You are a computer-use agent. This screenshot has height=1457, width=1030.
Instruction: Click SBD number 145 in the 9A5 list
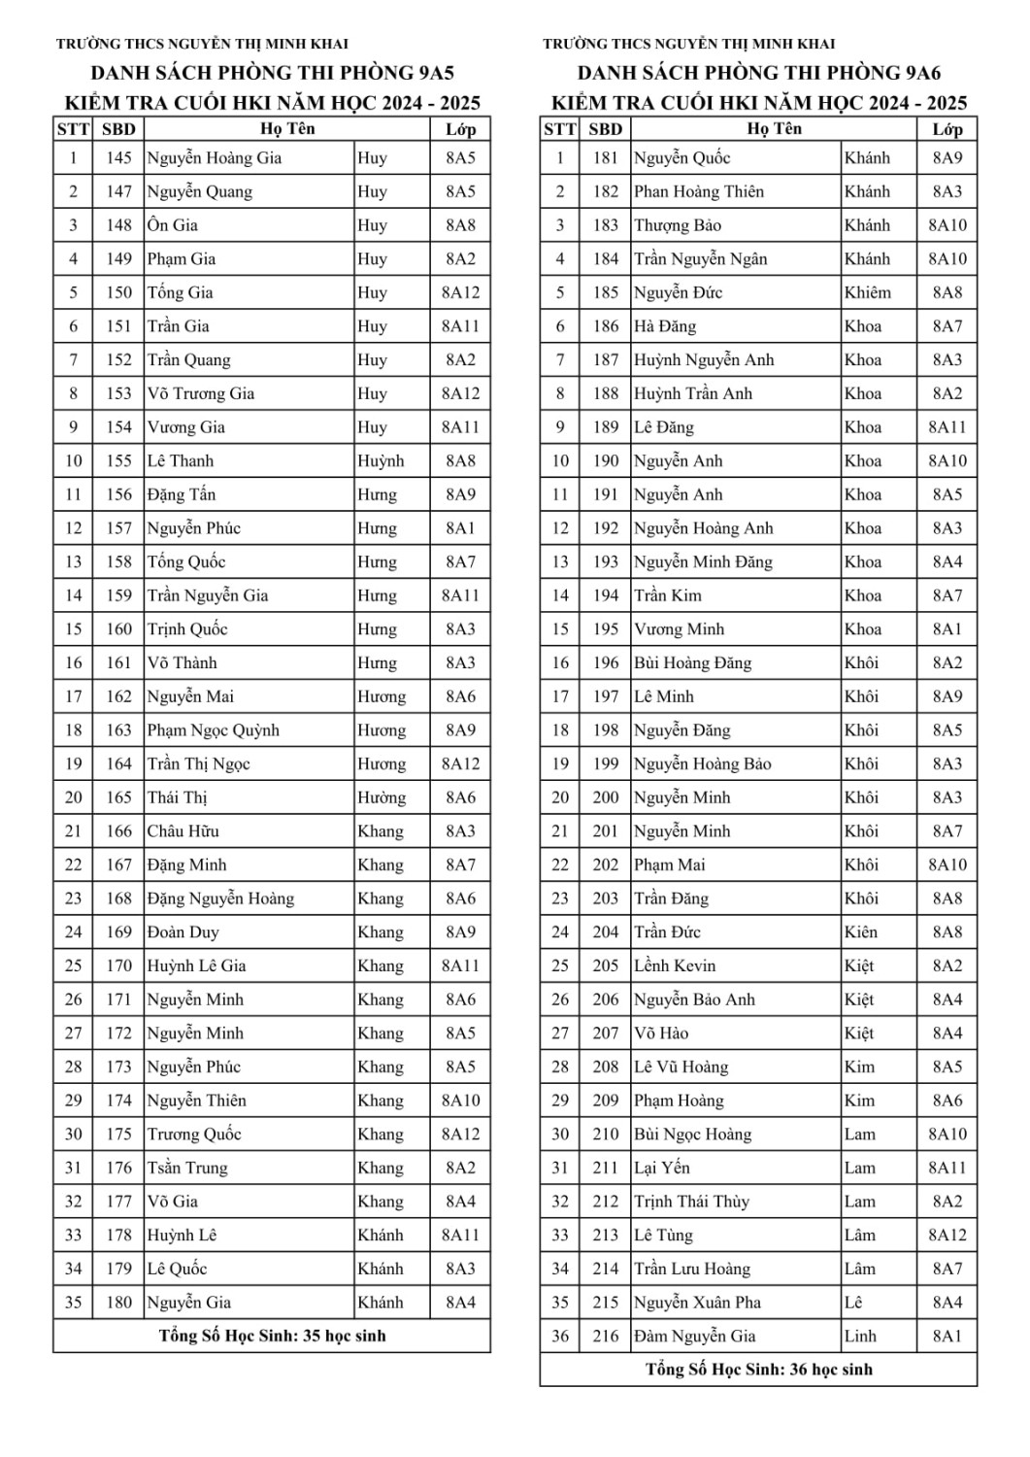click(x=118, y=158)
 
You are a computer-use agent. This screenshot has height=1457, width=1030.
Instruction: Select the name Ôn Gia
click(x=173, y=225)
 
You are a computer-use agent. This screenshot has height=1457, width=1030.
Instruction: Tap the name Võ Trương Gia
click(x=201, y=393)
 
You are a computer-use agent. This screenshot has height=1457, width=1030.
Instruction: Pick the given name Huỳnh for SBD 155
click(x=381, y=461)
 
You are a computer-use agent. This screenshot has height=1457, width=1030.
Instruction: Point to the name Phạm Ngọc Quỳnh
click(x=214, y=730)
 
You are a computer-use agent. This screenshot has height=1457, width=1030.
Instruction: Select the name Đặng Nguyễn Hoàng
click(x=220, y=898)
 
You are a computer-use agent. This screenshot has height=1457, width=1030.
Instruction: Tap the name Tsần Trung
click(x=187, y=1168)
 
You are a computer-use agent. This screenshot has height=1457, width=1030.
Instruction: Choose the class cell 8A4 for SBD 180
click(x=460, y=1303)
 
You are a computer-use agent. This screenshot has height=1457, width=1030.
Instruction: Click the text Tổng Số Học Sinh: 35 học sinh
click(x=272, y=1336)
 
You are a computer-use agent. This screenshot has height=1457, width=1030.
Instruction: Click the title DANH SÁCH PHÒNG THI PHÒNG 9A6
click(x=759, y=73)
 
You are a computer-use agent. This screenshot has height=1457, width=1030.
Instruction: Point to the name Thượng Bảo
click(x=678, y=225)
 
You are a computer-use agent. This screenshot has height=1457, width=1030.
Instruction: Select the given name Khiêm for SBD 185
click(x=868, y=292)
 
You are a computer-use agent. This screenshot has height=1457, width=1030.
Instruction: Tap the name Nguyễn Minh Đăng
click(x=704, y=562)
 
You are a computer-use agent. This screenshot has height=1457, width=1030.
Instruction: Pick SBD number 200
click(x=606, y=797)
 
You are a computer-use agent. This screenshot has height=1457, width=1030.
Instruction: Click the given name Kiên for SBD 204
click(x=861, y=932)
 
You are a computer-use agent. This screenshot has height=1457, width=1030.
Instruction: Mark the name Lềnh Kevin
click(x=675, y=966)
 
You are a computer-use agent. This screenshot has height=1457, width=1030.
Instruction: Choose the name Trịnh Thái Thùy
click(x=692, y=1202)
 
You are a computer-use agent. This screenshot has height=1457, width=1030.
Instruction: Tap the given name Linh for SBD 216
click(x=860, y=1337)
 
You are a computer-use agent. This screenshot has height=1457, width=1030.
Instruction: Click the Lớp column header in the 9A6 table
click(x=947, y=129)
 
